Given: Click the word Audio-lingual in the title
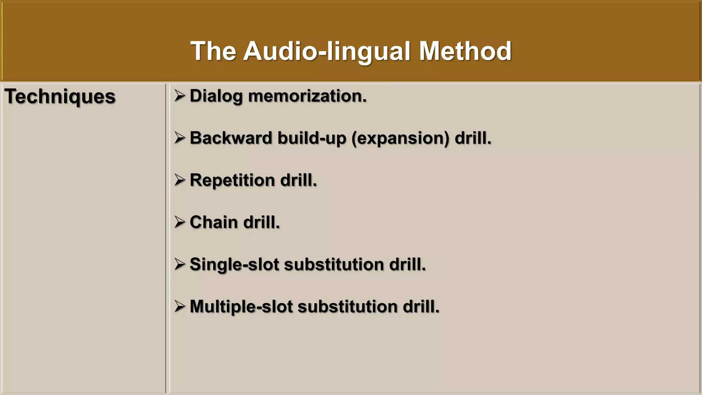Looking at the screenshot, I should point(327,51).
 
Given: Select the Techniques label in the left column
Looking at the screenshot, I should point(60,96).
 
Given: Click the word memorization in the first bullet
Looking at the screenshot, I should point(307,96).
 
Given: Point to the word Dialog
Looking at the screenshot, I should point(216,96).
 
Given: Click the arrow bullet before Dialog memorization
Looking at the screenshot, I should point(180,96).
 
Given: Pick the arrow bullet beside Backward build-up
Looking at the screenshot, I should point(180,138).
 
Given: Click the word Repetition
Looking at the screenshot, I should point(232,180).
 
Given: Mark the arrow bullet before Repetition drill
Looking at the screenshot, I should point(180,180).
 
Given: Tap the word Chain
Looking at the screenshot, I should point(213,222).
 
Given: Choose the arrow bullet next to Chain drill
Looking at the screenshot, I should point(180,222).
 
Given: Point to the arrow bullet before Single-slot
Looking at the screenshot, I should point(180,264).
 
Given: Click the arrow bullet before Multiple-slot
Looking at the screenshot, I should point(180,307).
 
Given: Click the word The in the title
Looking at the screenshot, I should point(213,51).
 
